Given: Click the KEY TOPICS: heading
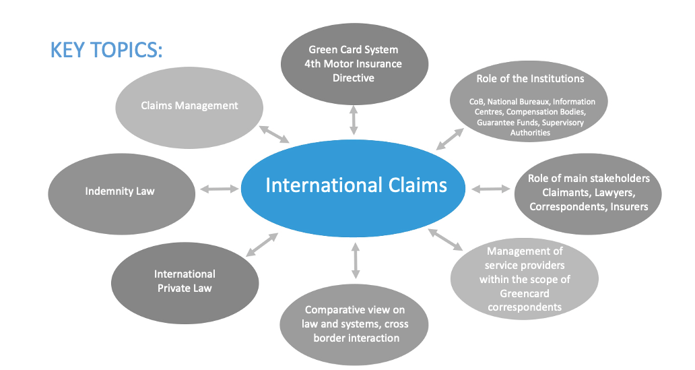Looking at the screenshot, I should [106, 51].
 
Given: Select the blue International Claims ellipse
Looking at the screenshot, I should [356, 185].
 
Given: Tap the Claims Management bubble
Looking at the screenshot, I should [189, 105].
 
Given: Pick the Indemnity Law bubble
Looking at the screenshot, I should [120, 191].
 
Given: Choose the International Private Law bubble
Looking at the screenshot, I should [185, 280].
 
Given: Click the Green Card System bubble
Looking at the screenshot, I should [354, 64].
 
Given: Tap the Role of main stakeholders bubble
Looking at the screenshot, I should [589, 192].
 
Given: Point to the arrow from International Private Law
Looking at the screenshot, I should [262, 244].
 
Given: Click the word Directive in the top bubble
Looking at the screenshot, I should [354, 78].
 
